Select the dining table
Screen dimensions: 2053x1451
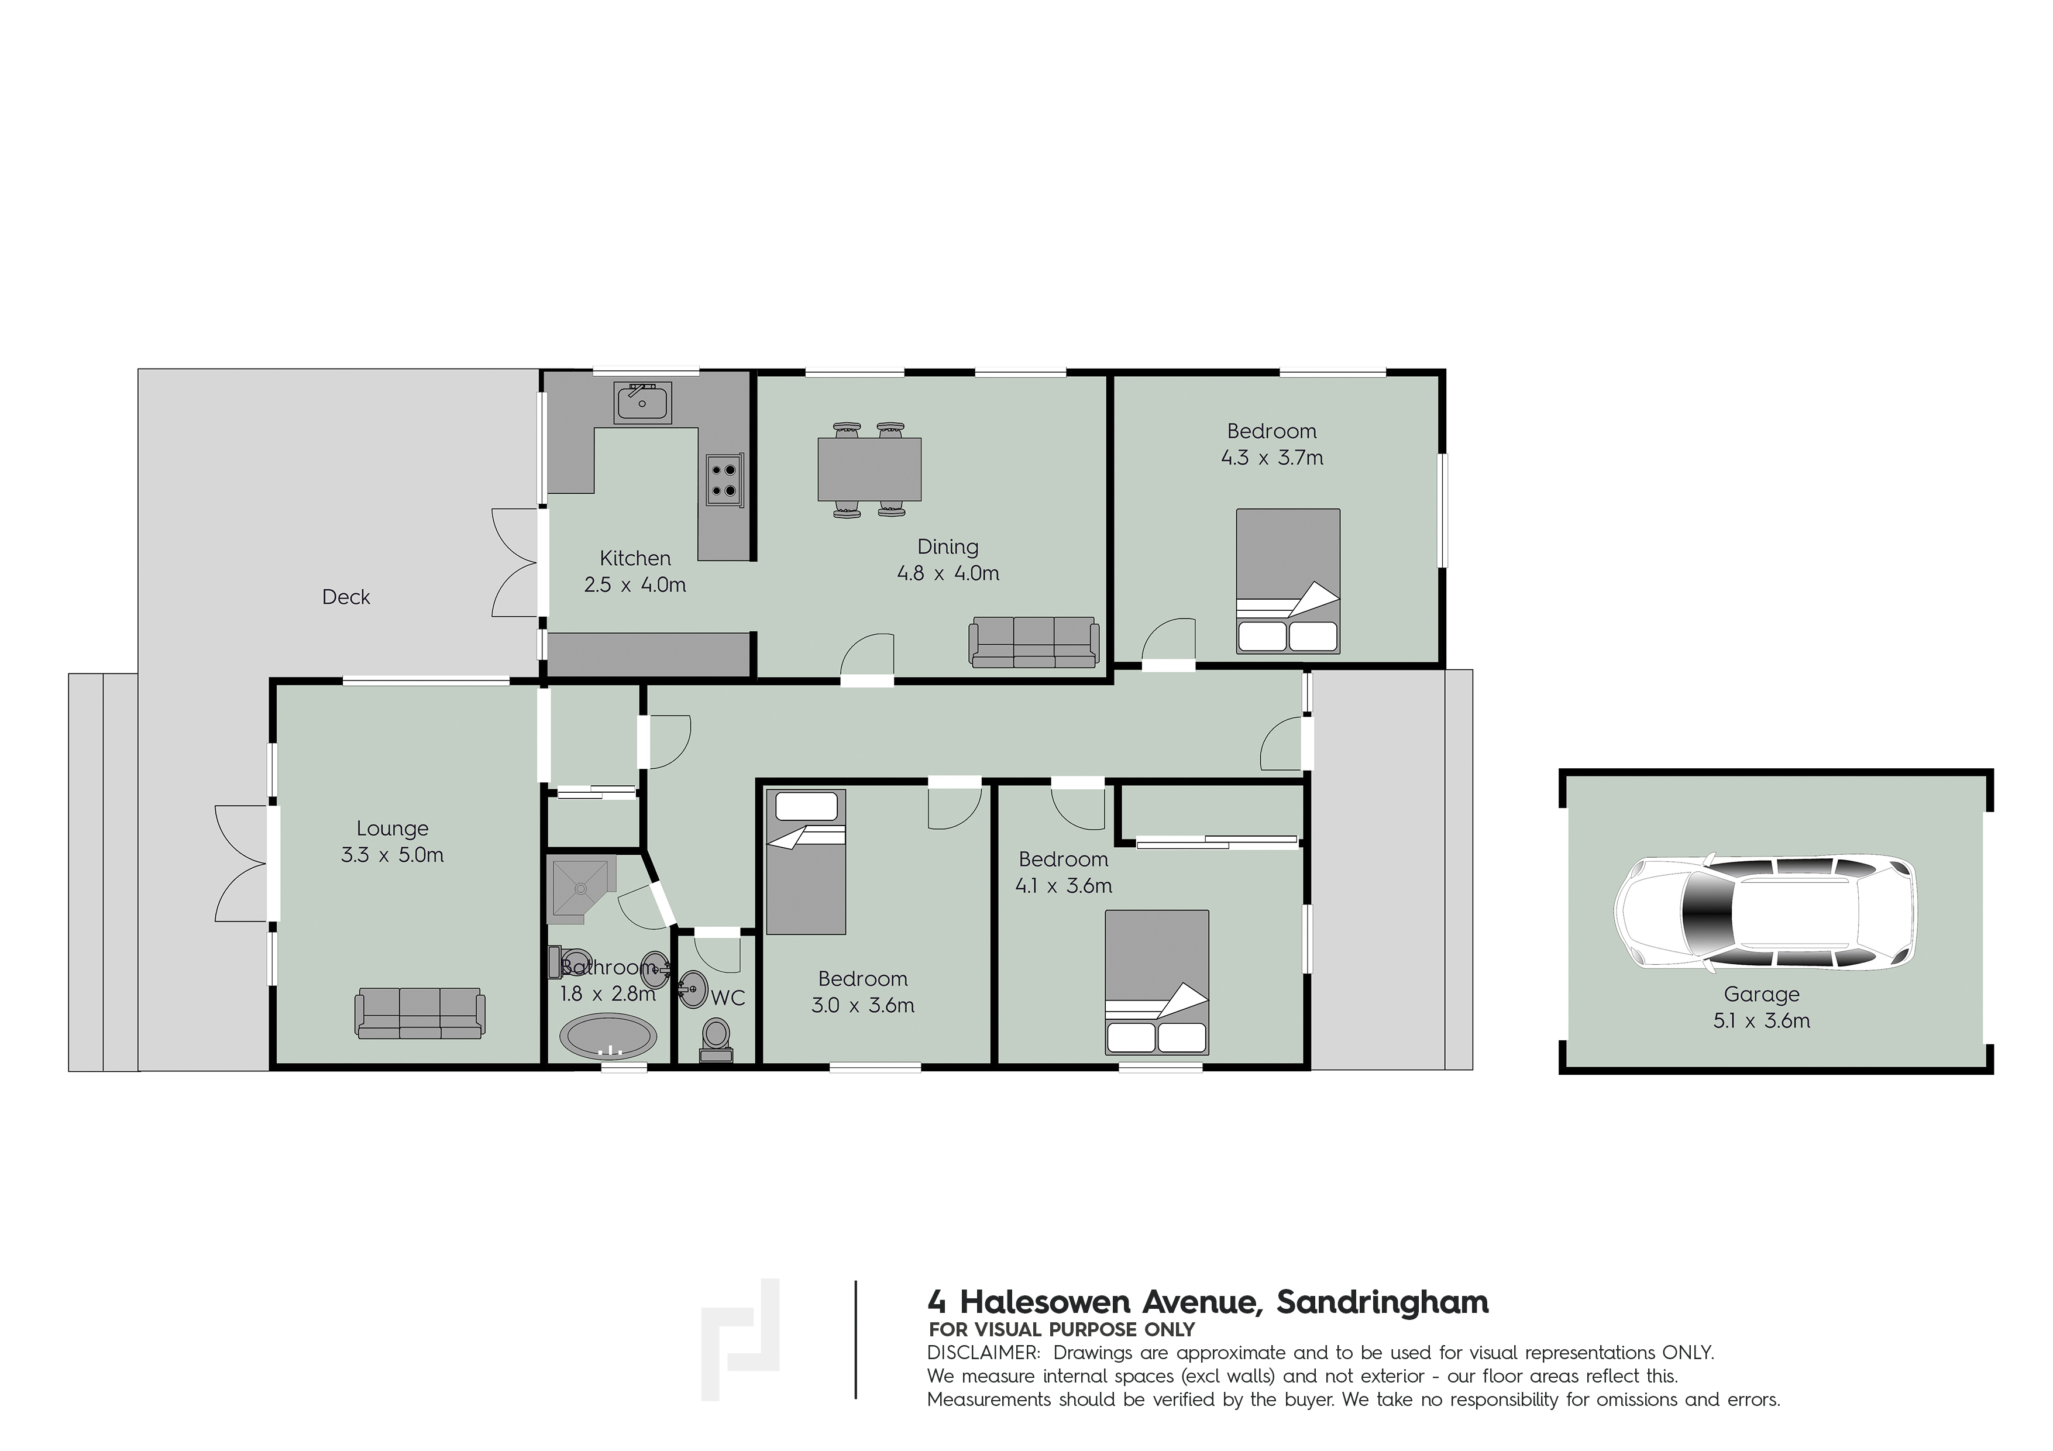869,469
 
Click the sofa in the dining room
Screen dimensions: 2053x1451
1034,642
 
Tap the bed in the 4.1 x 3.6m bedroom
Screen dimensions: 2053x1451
1157,982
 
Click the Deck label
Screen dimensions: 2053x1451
346,597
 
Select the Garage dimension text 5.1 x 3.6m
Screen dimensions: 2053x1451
1762,1021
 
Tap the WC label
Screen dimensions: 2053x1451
728,998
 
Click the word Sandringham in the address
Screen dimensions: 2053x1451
1383,1302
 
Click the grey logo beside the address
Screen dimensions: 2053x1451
740,1338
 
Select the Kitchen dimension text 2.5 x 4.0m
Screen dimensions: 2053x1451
635,586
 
